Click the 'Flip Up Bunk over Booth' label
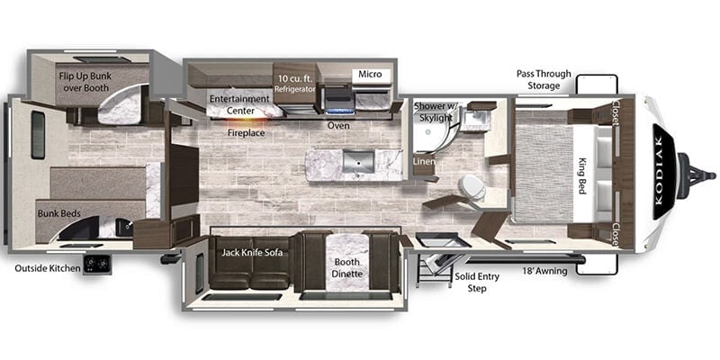85,81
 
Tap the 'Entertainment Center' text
238,104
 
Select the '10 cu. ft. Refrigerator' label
295,83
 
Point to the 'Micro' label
370,74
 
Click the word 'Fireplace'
246,133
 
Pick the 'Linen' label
424,162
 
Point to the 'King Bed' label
582,175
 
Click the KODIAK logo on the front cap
664,171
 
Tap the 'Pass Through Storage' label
544,79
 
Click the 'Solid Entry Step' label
477,283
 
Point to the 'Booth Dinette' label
348,268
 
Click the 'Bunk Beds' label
59,213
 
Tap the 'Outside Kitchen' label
48,267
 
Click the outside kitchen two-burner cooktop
97,265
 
